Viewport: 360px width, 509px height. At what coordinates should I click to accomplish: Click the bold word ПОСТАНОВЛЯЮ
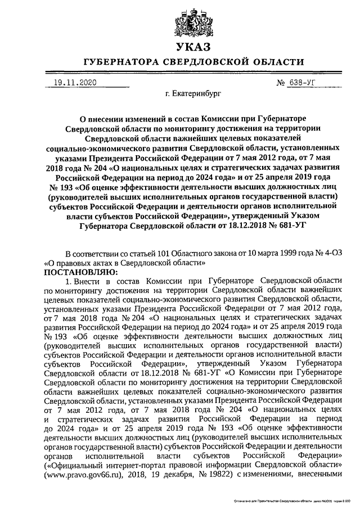pyautogui.click(x=77, y=271)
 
